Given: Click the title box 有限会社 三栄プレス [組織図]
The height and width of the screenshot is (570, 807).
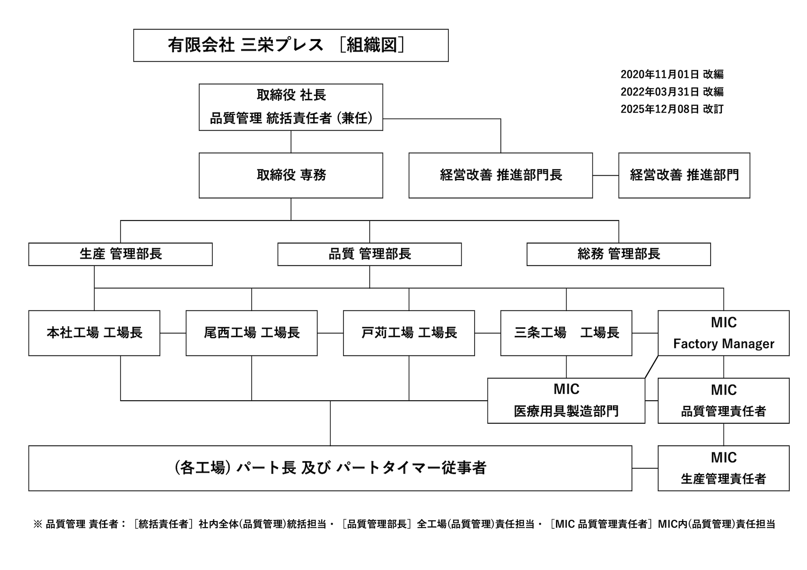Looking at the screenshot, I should (x=291, y=45).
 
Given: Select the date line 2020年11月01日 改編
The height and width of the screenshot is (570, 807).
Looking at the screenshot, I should (x=672, y=74).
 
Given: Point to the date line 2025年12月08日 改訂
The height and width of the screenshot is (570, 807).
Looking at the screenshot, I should (x=672, y=109).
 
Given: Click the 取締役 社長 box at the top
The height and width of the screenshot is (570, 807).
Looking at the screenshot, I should (x=291, y=107).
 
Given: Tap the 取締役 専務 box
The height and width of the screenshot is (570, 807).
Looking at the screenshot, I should (x=291, y=175).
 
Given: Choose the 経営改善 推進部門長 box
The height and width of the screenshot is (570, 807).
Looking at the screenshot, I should (x=500, y=175).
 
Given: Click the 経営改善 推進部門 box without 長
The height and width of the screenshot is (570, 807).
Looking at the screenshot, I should (x=684, y=175).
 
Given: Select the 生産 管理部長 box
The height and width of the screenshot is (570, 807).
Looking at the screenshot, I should (x=120, y=254).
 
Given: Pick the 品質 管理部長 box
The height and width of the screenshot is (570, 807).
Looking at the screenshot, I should (x=369, y=254).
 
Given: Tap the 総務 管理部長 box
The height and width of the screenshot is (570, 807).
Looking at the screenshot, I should (x=619, y=254).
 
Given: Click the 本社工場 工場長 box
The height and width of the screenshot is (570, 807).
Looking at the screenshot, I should (x=94, y=333).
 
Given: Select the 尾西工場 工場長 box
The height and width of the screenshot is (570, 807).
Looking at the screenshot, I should (x=251, y=333).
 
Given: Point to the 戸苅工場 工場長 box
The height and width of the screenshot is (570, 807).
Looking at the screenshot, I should (x=409, y=333).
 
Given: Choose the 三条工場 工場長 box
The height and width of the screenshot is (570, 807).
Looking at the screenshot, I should (x=566, y=333).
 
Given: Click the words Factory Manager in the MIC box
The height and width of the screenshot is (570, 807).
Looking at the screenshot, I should (x=723, y=344).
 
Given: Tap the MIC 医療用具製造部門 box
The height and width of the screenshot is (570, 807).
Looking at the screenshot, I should (x=566, y=400).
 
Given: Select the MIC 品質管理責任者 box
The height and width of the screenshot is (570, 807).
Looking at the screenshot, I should (x=723, y=400).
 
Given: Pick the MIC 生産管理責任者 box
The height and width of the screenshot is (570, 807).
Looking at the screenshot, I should (x=723, y=468).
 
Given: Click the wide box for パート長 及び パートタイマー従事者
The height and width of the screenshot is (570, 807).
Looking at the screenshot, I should (x=330, y=468).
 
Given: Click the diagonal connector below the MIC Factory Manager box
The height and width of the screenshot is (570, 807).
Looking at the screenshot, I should (x=651, y=367).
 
